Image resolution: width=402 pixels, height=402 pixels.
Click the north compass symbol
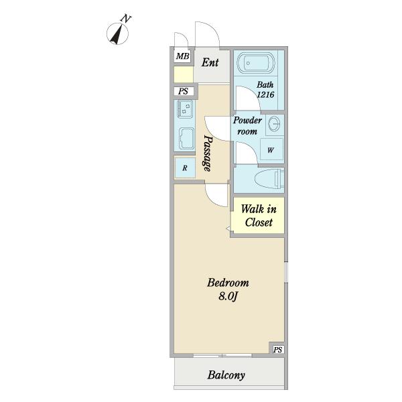pyautogui.click(x=117, y=33)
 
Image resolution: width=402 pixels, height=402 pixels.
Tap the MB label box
pyautogui.click(x=182, y=56)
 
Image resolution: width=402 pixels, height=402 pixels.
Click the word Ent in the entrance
pyautogui.click(x=210, y=62)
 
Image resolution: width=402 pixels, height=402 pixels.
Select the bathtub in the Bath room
pyautogui.click(x=256, y=63)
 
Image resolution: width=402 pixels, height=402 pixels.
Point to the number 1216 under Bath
pyautogui.click(x=265, y=94)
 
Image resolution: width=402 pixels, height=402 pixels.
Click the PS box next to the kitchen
pyautogui.click(x=184, y=91)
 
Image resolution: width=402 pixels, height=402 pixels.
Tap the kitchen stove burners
pyautogui.click(x=185, y=109)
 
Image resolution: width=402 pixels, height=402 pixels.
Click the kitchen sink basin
pyautogui.click(x=186, y=138)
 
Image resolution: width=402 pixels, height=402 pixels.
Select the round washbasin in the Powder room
pyautogui.click(x=275, y=124)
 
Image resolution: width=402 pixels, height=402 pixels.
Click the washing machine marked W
pyautogui.click(x=271, y=149)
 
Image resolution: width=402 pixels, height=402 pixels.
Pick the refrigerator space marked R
pyautogui.click(x=185, y=168)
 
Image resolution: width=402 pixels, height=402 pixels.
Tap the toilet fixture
pyautogui.click(x=270, y=178)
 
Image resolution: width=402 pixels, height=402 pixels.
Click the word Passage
pyautogui.click(x=208, y=153)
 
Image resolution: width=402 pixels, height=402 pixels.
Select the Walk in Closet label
pyautogui.click(x=259, y=216)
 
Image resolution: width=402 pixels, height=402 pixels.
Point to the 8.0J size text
pyautogui.click(x=228, y=296)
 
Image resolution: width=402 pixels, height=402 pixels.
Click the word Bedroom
pyautogui.click(x=228, y=283)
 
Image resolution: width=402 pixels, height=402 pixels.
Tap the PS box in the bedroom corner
pyautogui.click(x=277, y=349)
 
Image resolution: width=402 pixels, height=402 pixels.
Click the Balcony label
pyautogui.click(x=226, y=375)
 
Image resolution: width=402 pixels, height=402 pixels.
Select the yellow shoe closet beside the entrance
pyautogui.click(x=184, y=74)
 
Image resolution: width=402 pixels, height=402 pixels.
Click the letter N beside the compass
pyautogui.click(x=126, y=19)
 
